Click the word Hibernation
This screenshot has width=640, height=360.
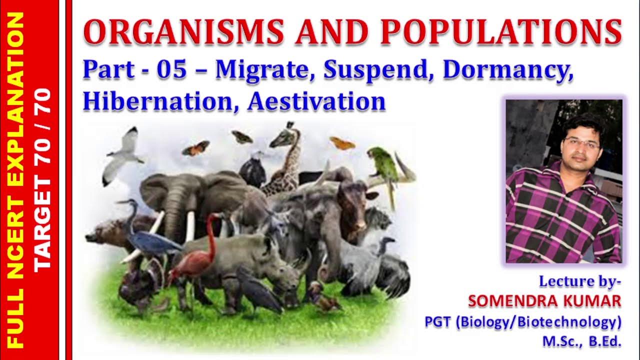click(x=161, y=101)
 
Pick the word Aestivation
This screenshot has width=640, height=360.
click(x=316, y=101)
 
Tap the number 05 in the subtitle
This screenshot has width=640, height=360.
click(x=171, y=71)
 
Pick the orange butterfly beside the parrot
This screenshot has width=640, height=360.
click(x=342, y=144)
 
